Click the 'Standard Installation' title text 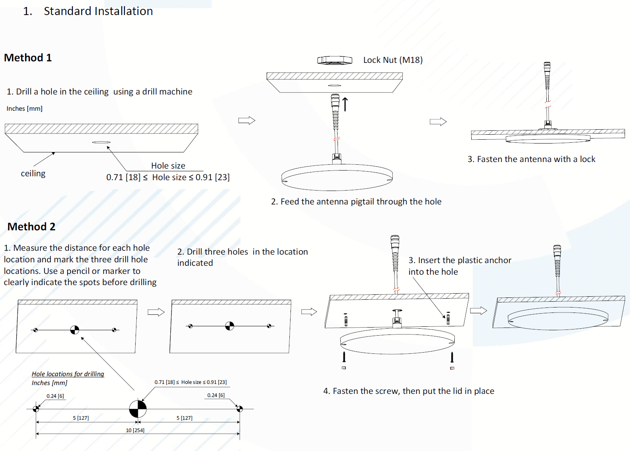(x=98, y=11)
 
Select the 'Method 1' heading (x=28, y=58)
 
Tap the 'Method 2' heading (x=31, y=227)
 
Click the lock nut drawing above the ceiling (x=334, y=60)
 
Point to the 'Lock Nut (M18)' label (x=393, y=60)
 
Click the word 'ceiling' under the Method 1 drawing (x=33, y=174)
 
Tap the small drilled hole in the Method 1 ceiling (x=101, y=142)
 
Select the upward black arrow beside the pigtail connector (x=345, y=104)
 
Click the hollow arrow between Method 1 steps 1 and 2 (x=247, y=120)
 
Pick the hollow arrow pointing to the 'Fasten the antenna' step (x=438, y=122)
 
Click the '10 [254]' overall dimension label (x=135, y=430)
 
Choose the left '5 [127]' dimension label (x=81, y=418)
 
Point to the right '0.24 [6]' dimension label (x=216, y=395)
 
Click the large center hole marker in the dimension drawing (x=138, y=409)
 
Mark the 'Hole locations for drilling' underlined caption (x=68, y=374)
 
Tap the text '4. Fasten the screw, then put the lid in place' (x=408, y=391)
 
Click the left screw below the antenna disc (x=344, y=357)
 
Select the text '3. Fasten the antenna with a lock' (x=531, y=159)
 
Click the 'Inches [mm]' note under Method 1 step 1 (x=24, y=109)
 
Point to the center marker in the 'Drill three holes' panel (x=229, y=326)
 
